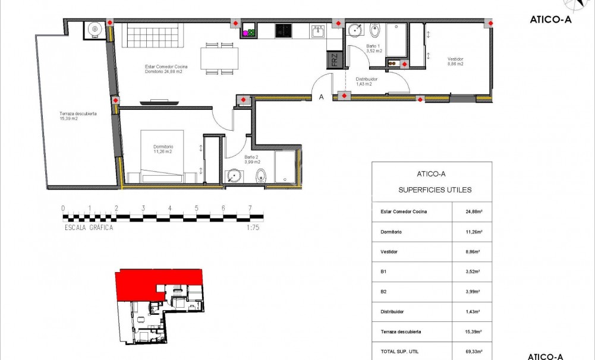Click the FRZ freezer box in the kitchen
tap(335, 61)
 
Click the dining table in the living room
tap(219, 58)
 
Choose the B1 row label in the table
tap(383, 271)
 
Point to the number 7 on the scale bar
tap(250, 209)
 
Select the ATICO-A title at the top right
tap(550, 19)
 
